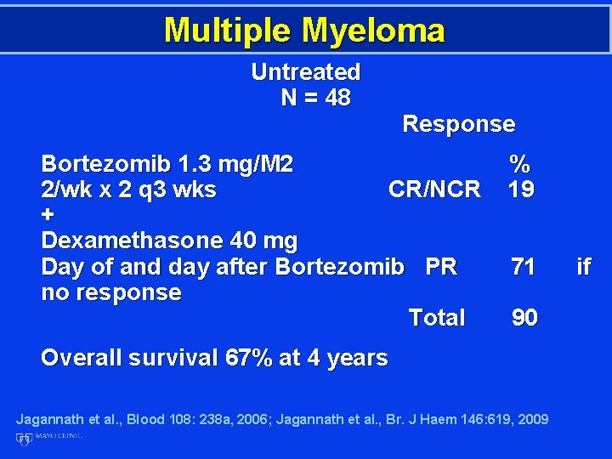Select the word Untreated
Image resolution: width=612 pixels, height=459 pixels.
(x=305, y=72)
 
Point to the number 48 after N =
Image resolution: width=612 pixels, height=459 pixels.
(x=337, y=98)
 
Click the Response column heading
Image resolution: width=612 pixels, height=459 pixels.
(x=458, y=124)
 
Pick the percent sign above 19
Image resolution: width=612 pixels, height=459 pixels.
(x=519, y=163)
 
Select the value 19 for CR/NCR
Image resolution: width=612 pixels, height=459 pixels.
(x=521, y=189)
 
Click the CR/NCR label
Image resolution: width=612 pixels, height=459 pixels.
(x=434, y=189)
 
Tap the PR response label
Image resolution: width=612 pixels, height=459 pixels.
(x=441, y=267)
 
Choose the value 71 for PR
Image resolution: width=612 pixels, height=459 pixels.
(x=524, y=267)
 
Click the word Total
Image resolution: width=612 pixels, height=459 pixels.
(x=437, y=318)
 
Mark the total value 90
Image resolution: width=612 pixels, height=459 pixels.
(x=524, y=318)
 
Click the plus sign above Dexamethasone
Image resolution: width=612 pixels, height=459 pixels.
(x=47, y=216)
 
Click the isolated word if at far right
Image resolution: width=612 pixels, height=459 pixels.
(x=583, y=267)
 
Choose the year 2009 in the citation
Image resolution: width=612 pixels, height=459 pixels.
(x=532, y=419)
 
